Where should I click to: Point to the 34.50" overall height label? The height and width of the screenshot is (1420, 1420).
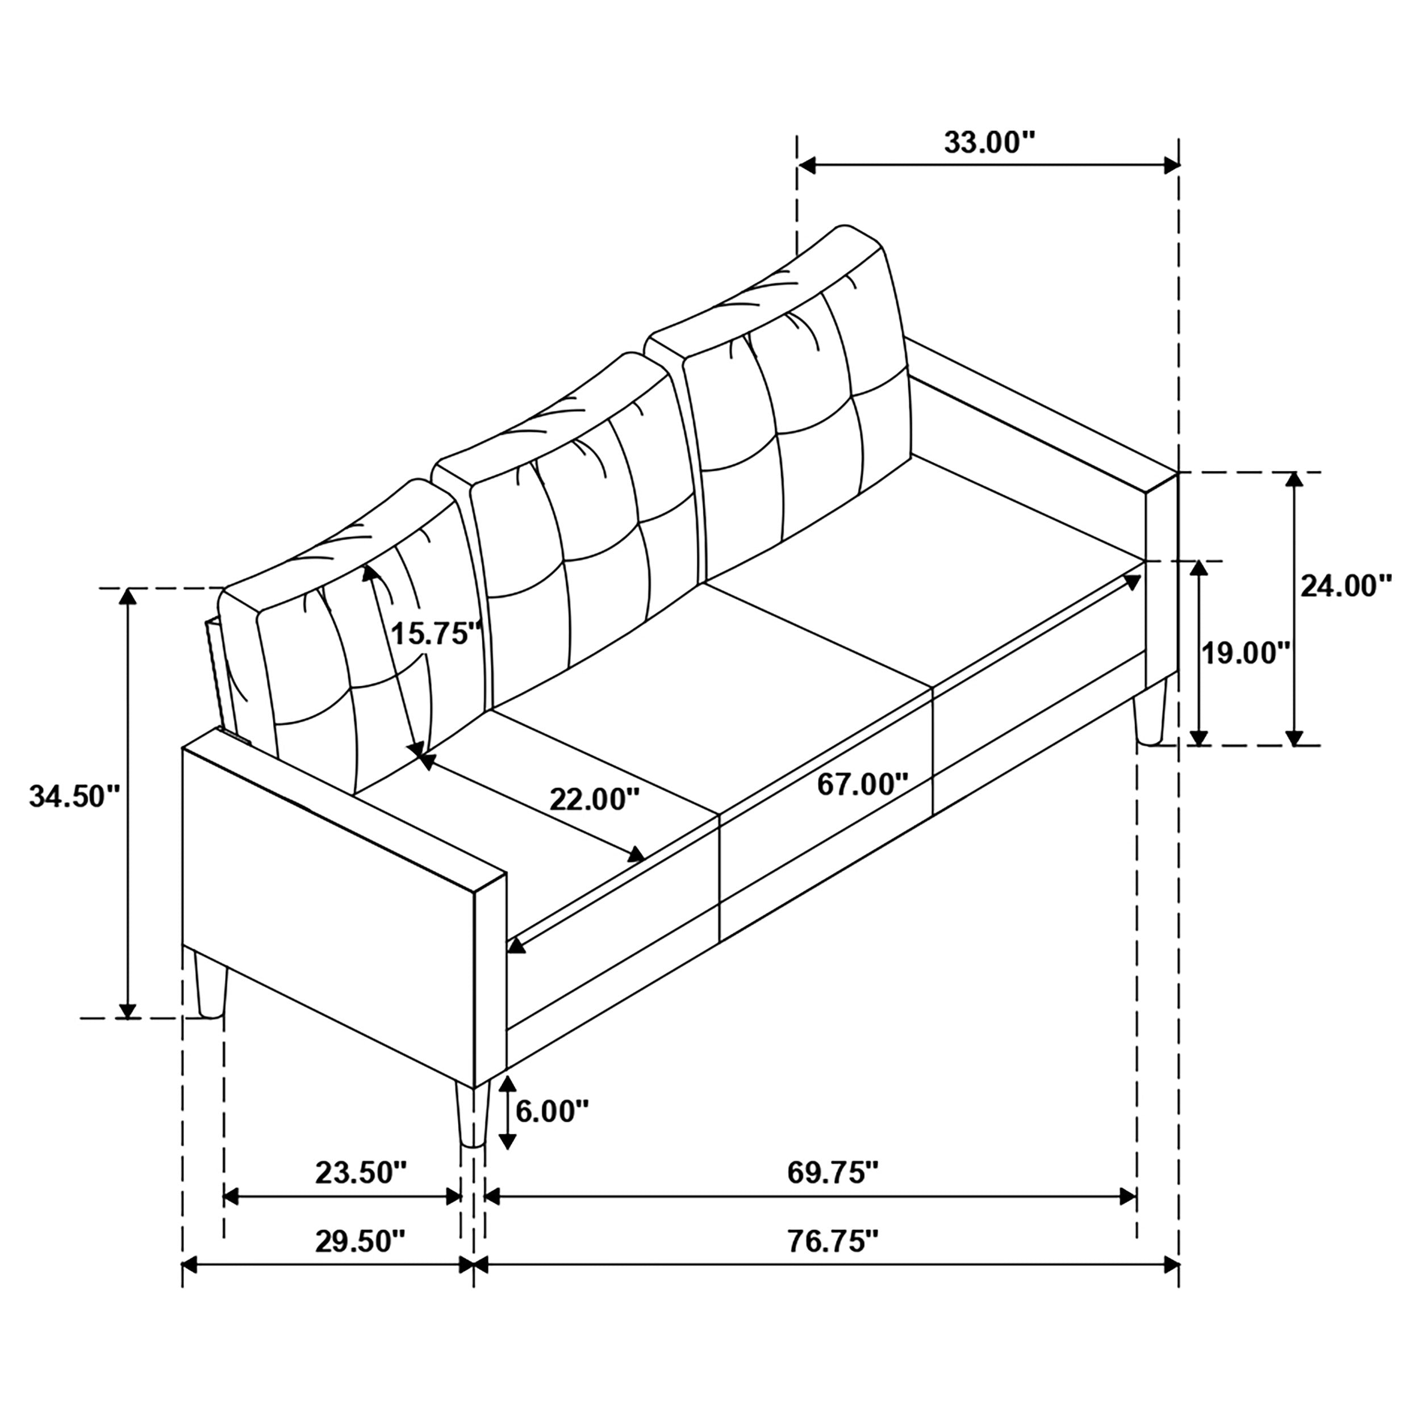click(x=73, y=796)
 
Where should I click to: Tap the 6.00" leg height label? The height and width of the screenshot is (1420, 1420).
click(x=552, y=1112)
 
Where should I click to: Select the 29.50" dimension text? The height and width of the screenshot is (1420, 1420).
click(x=360, y=1242)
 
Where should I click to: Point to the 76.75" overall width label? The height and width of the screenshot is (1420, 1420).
click(x=833, y=1242)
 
